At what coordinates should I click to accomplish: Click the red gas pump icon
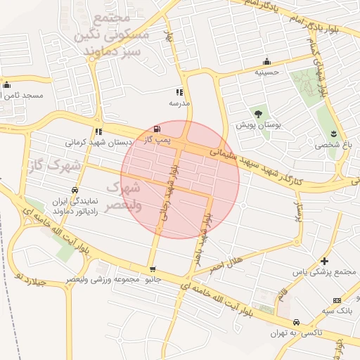pyautogui.click(x=155, y=129)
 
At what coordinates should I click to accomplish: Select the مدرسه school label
pyautogui.click(x=179, y=103)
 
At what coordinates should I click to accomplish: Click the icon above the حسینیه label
pyautogui.click(x=266, y=61)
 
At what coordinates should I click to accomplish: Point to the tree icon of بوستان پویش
pyautogui.click(x=258, y=113)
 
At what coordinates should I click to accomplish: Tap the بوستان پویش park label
pyautogui.click(x=258, y=124)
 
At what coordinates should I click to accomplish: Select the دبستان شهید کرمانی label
pyautogui.click(x=99, y=142)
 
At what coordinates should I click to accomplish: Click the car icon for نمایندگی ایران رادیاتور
pyautogui.click(x=75, y=190)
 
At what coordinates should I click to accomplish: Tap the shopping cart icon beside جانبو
pyautogui.click(x=153, y=269)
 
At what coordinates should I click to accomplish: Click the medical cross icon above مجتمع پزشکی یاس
pyautogui.click(x=324, y=261)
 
